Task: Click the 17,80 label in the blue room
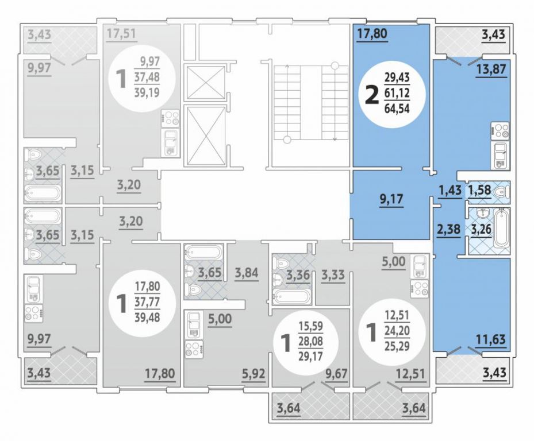pyautogui.click(x=372, y=34)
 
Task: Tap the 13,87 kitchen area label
pyautogui.click(x=491, y=69)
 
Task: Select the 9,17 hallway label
pyautogui.click(x=391, y=199)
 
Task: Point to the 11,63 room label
pyautogui.click(x=490, y=339)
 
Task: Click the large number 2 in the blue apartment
pyautogui.click(x=372, y=95)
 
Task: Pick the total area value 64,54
pyautogui.click(x=397, y=108)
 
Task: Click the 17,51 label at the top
pyautogui.click(x=121, y=33)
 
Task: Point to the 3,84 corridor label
pyautogui.click(x=247, y=273)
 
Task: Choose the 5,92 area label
pyautogui.click(x=253, y=374)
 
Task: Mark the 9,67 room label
pyautogui.click(x=336, y=374)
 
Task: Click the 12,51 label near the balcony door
pyautogui.click(x=410, y=374)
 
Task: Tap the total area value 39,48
pyautogui.click(x=148, y=317)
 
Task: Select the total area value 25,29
pyautogui.click(x=397, y=346)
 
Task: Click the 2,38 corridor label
pyautogui.click(x=449, y=229)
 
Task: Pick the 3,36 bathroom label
pyautogui.click(x=298, y=274)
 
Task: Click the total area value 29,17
pyautogui.click(x=310, y=356)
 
